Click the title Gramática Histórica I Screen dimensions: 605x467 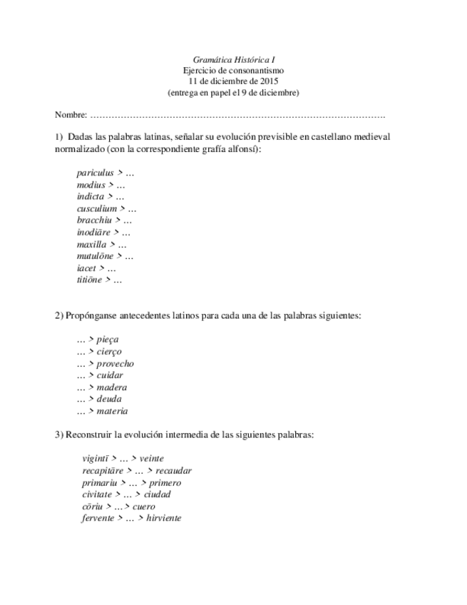(x=233, y=60)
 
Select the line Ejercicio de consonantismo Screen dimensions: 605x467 (x=233, y=71)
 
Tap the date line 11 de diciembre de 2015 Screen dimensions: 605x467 (x=233, y=81)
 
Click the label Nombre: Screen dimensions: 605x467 (x=71, y=115)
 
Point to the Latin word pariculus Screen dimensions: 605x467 (x=95, y=173)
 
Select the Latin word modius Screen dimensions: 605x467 (x=91, y=185)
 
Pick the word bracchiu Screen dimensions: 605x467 (x=94, y=220)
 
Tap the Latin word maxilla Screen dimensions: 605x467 (x=91, y=244)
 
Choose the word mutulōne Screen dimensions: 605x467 (x=95, y=256)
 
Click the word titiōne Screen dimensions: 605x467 (x=89, y=280)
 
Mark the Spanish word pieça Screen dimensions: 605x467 (x=108, y=340)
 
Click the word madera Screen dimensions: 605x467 (x=111, y=387)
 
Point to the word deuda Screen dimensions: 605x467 (x=109, y=400)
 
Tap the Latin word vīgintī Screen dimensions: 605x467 (x=95, y=459)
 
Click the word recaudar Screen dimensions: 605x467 (x=173, y=471)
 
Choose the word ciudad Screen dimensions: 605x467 (x=157, y=494)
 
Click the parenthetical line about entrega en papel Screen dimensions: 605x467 (x=233, y=93)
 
